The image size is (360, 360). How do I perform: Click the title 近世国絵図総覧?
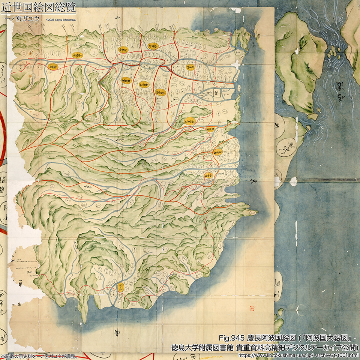38,7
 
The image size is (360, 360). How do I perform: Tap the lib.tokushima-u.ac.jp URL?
298,355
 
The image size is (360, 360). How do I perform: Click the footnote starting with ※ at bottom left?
39,356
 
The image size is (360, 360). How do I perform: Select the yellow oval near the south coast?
121,288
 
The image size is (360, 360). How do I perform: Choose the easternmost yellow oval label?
217,152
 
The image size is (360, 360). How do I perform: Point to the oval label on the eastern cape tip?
250,212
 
